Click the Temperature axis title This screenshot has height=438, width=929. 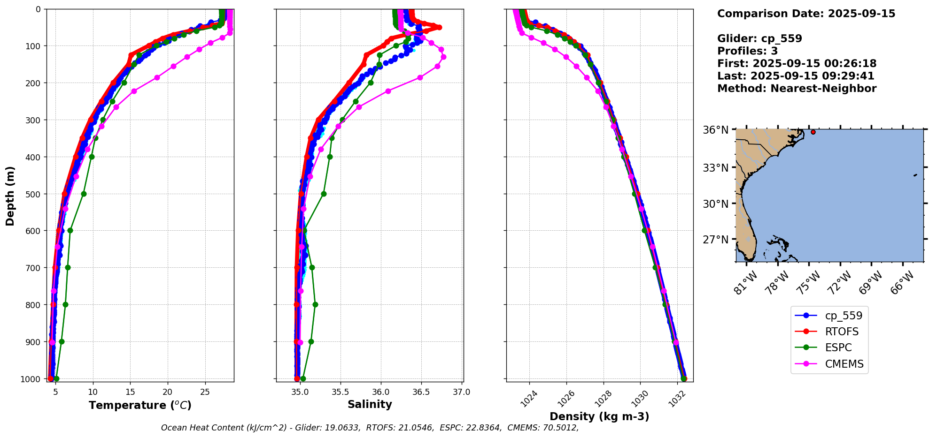point(140,405)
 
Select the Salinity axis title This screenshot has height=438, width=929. point(370,404)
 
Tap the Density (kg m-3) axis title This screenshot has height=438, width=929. point(599,416)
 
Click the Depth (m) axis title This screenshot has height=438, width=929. point(10,196)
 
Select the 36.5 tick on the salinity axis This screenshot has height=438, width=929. point(421,392)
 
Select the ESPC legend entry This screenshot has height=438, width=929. point(838,347)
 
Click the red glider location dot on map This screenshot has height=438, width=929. point(813,132)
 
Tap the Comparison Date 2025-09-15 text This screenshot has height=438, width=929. point(806,14)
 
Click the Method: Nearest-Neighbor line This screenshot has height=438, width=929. point(797,89)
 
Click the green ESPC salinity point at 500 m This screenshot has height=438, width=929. point(324,194)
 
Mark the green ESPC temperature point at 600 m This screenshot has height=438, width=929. point(70,230)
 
